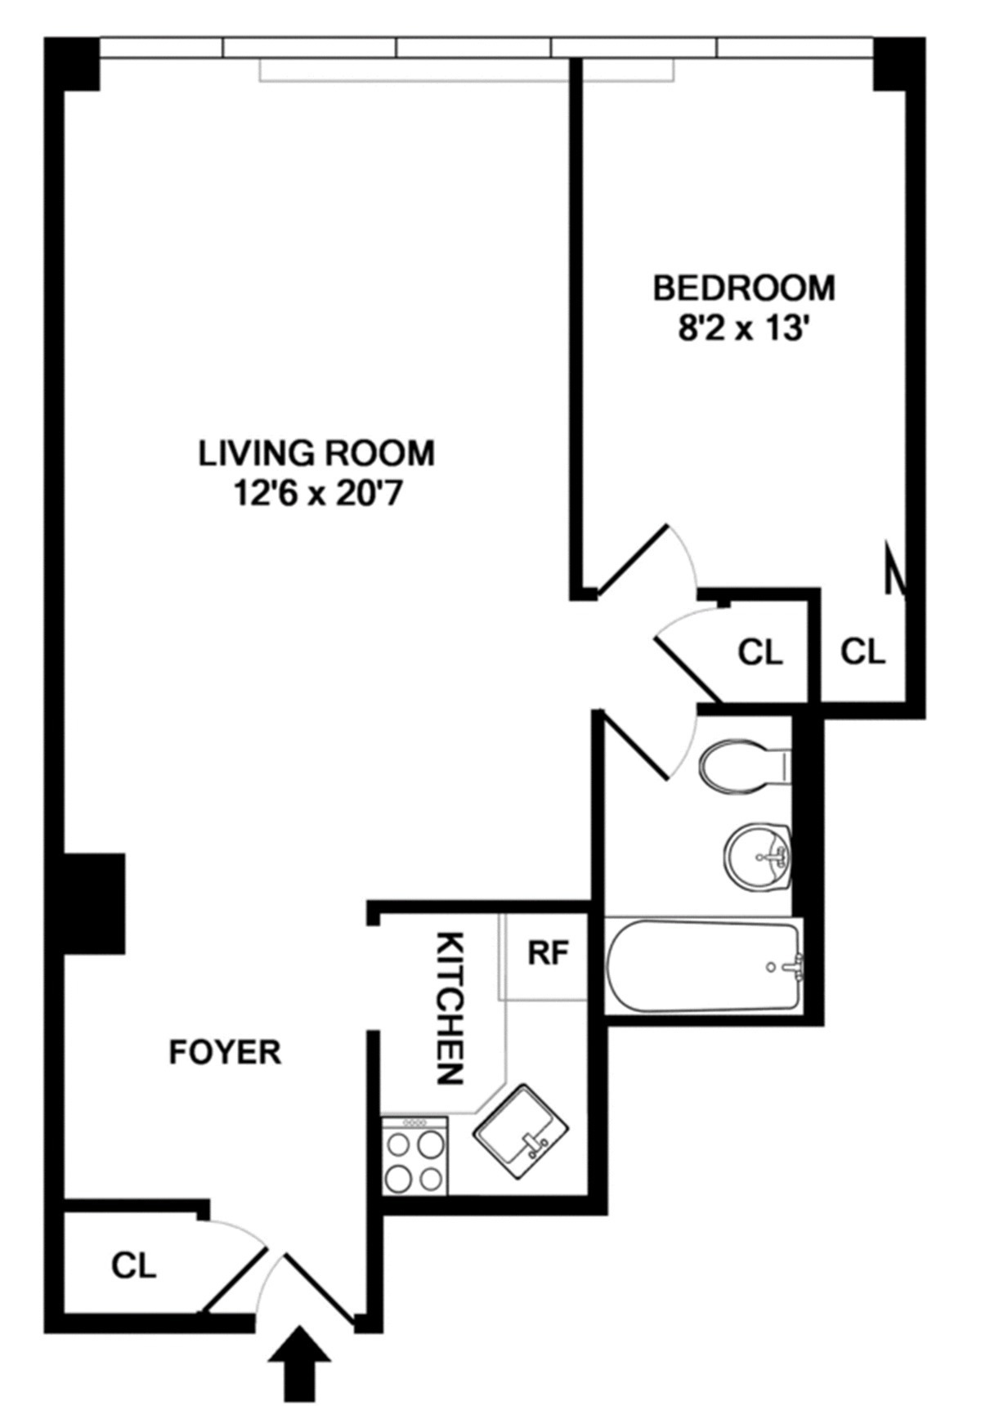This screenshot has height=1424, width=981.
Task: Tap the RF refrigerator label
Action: tap(547, 953)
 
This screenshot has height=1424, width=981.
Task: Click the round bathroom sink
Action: tap(757, 857)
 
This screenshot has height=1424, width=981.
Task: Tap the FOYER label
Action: tap(225, 1052)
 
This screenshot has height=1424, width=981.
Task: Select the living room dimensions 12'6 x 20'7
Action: tap(317, 494)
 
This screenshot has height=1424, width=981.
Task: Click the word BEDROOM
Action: tap(743, 289)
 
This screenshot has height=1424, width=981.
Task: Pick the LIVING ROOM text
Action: tap(317, 453)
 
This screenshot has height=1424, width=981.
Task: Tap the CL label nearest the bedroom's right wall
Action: tap(863, 652)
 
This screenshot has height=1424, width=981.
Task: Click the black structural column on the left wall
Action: tap(94, 903)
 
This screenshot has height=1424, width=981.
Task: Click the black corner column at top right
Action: tap(898, 64)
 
